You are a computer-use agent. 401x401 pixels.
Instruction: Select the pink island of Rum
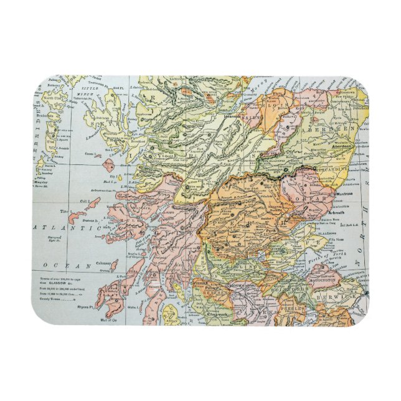[x=109, y=166]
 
